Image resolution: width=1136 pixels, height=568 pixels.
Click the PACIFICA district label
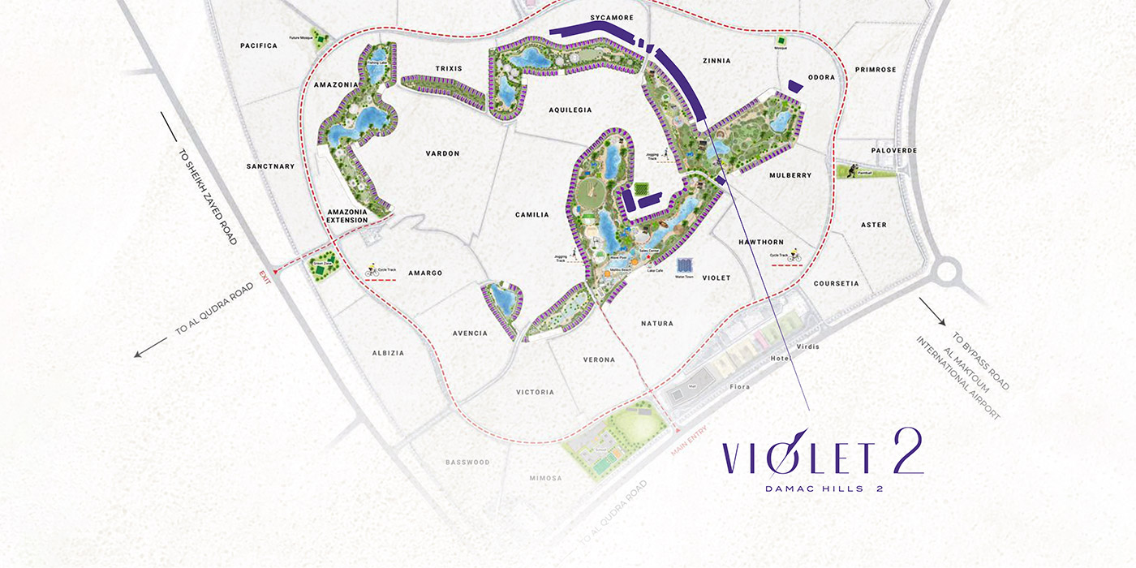click(x=259, y=45)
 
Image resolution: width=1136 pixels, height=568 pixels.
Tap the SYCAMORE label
click(x=612, y=17)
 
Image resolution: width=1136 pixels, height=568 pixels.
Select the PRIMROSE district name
click(x=876, y=70)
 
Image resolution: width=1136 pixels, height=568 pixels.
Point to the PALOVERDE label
click(x=893, y=150)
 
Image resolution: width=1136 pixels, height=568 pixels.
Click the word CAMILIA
click(x=532, y=215)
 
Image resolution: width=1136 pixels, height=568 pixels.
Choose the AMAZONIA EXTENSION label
click(x=346, y=215)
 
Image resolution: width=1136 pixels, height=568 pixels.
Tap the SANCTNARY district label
click(x=270, y=166)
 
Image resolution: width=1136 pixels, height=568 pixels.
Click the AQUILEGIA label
click(x=570, y=110)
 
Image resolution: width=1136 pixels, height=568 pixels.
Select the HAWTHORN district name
click(x=761, y=242)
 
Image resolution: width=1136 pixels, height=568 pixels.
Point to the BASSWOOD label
click(x=467, y=463)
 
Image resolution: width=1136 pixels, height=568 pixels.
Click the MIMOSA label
click(x=545, y=478)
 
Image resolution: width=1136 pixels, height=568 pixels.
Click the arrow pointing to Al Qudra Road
click(x=150, y=348)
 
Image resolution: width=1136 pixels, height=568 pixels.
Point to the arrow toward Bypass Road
click(x=932, y=312)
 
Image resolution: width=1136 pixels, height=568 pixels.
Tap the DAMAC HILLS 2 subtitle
click(x=824, y=488)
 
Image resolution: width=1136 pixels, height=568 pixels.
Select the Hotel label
click(x=781, y=359)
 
